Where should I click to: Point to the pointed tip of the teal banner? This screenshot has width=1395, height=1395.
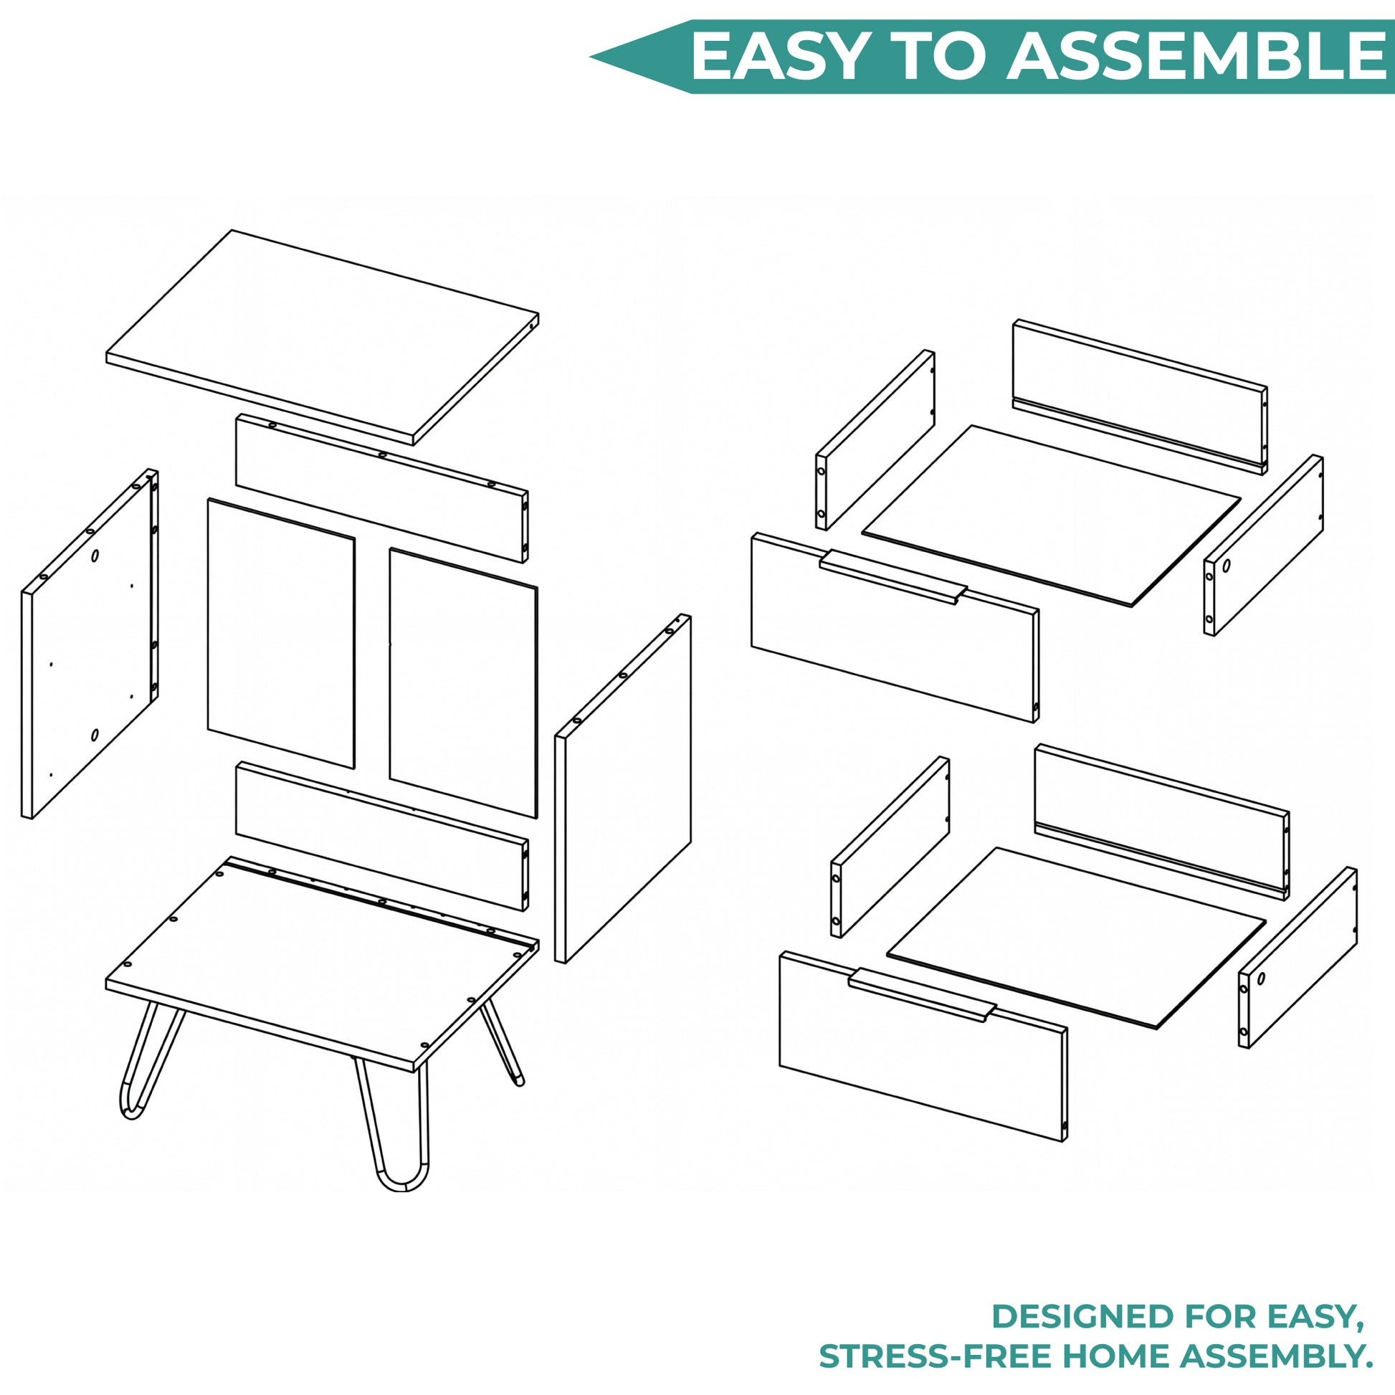pyautogui.click(x=591, y=57)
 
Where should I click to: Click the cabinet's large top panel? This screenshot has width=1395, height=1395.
pyautogui.click(x=322, y=337)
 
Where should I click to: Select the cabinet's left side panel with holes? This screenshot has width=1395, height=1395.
pyautogui.click(x=90, y=643)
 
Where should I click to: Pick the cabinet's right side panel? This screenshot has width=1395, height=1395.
pyautogui.click(x=622, y=789)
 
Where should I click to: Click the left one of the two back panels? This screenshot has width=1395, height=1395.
pyautogui.click(x=281, y=633)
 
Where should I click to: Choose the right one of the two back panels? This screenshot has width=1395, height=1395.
pyautogui.click(x=464, y=683)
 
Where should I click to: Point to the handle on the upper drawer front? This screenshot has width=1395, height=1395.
pyautogui.click(x=892, y=577)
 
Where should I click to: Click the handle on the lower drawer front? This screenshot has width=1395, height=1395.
pyautogui.click(x=922, y=995)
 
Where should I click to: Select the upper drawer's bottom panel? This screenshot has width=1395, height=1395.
pyautogui.click(x=1051, y=515)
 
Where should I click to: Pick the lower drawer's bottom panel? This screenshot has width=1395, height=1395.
pyautogui.click(x=1076, y=938)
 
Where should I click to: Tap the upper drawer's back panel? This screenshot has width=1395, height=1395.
pyautogui.click(x=1140, y=396)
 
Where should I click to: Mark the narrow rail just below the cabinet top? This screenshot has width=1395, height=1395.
pyautogui.click(x=382, y=488)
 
